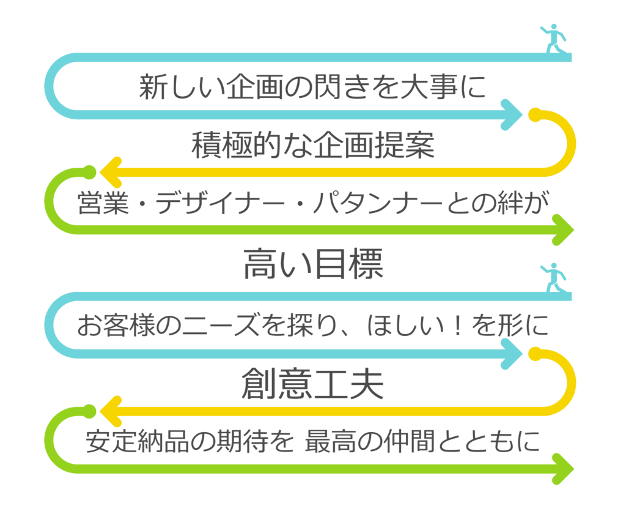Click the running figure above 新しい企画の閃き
(x=553, y=38)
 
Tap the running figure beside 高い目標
(x=553, y=277)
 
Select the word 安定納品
(x=131, y=442)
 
